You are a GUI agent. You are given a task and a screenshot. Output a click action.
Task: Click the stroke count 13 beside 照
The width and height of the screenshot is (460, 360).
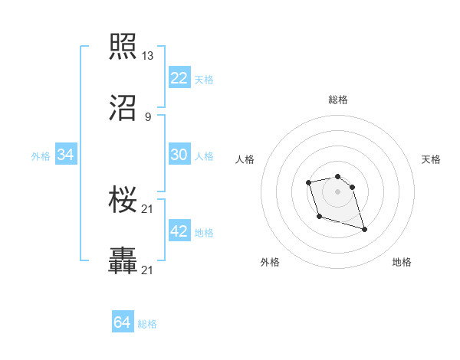(x=147, y=56)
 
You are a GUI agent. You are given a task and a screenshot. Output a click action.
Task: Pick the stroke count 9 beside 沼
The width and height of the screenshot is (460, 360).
(x=147, y=116)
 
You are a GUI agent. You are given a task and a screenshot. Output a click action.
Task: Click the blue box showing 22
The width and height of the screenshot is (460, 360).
(x=179, y=78)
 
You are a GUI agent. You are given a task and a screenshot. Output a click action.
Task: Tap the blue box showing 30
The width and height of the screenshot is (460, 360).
(x=179, y=155)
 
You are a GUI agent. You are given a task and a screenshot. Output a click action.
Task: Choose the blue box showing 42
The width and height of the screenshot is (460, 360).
(x=179, y=231)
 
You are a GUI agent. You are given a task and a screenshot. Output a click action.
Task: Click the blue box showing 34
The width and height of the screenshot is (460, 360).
(x=66, y=155)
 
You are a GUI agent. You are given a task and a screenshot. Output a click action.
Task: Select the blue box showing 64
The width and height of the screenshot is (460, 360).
(x=123, y=323)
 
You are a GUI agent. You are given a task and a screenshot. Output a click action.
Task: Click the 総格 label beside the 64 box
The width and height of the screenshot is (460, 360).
(x=147, y=324)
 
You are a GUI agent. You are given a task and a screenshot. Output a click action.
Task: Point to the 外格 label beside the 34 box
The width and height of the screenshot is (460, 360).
(x=41, y=155)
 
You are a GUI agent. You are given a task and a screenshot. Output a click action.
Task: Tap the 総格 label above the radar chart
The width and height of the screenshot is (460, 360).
(x=338, y=100)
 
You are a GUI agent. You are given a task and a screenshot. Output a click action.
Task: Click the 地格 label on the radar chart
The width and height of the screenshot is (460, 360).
(x=402, y=263)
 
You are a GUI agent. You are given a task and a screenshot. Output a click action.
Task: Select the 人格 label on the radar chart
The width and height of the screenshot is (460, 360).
(x=245, y=159)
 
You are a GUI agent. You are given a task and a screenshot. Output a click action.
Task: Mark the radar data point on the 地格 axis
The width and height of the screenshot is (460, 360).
(x=364, y=229)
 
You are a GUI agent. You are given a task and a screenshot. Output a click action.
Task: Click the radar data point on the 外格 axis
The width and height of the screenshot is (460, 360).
(x=318, y=217)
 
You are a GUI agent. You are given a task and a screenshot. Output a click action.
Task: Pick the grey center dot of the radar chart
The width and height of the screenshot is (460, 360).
(x=337, y=191)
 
